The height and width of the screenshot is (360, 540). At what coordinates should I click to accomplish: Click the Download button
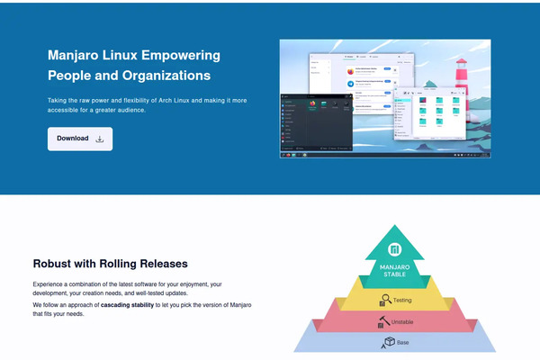[x=80, y=139]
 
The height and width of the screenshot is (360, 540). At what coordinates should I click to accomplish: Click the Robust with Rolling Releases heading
[x=110, y=264]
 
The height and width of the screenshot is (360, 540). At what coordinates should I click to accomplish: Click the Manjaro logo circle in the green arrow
[x=394, y=250]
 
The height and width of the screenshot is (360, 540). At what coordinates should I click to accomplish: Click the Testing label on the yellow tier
[x=402, y=300]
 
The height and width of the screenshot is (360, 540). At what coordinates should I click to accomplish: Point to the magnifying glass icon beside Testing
[x=384, y=300]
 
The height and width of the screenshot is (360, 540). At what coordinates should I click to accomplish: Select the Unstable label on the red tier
[x=402, y=321]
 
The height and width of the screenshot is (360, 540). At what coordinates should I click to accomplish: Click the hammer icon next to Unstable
[x=382, y=320]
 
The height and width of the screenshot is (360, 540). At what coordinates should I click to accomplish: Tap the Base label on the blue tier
[x=403, y=342]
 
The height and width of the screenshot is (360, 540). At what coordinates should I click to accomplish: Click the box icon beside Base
[x=390, y=342]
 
